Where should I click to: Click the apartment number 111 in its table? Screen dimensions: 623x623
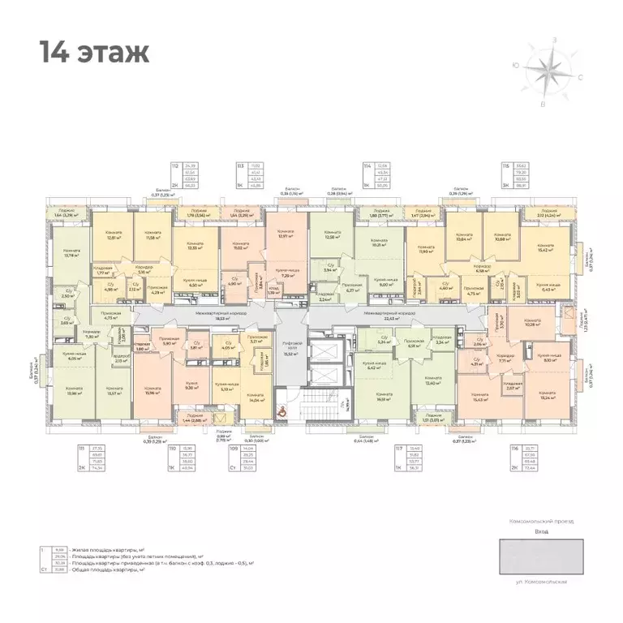pos(82,447)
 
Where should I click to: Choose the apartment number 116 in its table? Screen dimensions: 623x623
pos(507,447)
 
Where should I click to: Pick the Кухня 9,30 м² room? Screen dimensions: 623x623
pos(192,385)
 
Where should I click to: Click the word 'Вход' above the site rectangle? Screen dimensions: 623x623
pos(542,531)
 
